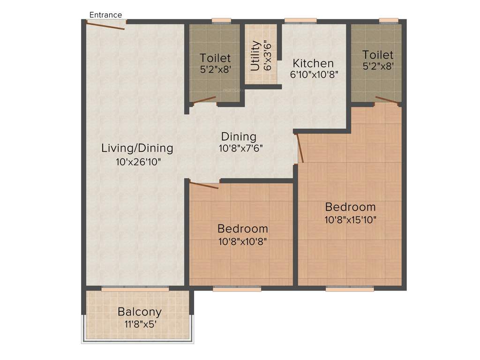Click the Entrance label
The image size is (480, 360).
[105, 15]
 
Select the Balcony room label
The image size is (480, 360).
[139, 312]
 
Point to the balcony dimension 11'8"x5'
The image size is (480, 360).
[139, 324]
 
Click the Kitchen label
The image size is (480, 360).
[313, 63]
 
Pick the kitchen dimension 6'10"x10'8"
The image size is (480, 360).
[313, 74]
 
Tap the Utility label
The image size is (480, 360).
[255, 56]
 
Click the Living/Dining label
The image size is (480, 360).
[137, 148]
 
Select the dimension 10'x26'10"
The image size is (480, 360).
[137, 162]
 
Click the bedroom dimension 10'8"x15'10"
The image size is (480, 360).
[350, 219]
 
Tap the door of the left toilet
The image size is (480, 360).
[204, 99]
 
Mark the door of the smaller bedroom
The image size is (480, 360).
[204, 185]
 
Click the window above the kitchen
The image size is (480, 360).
[300, 20]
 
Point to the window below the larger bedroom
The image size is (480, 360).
[350, 289]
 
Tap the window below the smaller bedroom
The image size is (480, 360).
[237, 289]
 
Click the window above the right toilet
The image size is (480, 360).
[389, 20]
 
